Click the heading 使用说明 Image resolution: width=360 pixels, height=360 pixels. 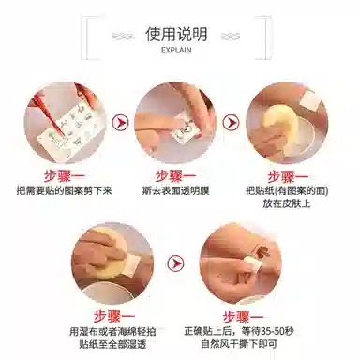click(176, 34)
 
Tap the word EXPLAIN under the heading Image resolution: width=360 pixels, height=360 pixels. click(176, 50)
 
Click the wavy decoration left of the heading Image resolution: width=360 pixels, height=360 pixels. click(124, 37)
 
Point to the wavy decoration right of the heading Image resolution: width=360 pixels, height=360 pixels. click(231, 37)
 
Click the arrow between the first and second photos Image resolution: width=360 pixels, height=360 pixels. click(120, 122)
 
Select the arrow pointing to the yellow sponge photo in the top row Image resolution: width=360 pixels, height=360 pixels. click(232, 122)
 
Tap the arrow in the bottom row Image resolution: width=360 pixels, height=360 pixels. click(175, 263)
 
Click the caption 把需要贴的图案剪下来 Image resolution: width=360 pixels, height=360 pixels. click(65, 190)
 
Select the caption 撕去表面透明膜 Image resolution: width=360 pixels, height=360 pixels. click(175, 190)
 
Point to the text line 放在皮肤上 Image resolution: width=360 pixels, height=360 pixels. click(287, 203)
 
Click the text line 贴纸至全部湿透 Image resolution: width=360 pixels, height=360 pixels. click(112, 344)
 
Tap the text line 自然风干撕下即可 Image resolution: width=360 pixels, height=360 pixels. click(239, 344)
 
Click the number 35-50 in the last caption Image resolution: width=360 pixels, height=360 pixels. click(272, 331)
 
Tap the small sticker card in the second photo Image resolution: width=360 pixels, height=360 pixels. click(186, 130)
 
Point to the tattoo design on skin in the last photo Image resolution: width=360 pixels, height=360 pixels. click(262, 252)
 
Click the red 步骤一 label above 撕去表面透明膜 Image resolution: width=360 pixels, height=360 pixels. click(175, 176)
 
